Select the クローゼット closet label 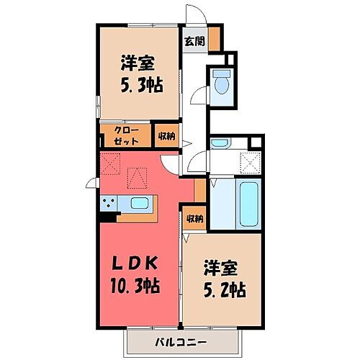pyautogui.click(x=127, y=135)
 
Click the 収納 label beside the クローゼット pyautogui.click(x=166, y=135)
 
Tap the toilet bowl pyautogui.click(x=222, y=85)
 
